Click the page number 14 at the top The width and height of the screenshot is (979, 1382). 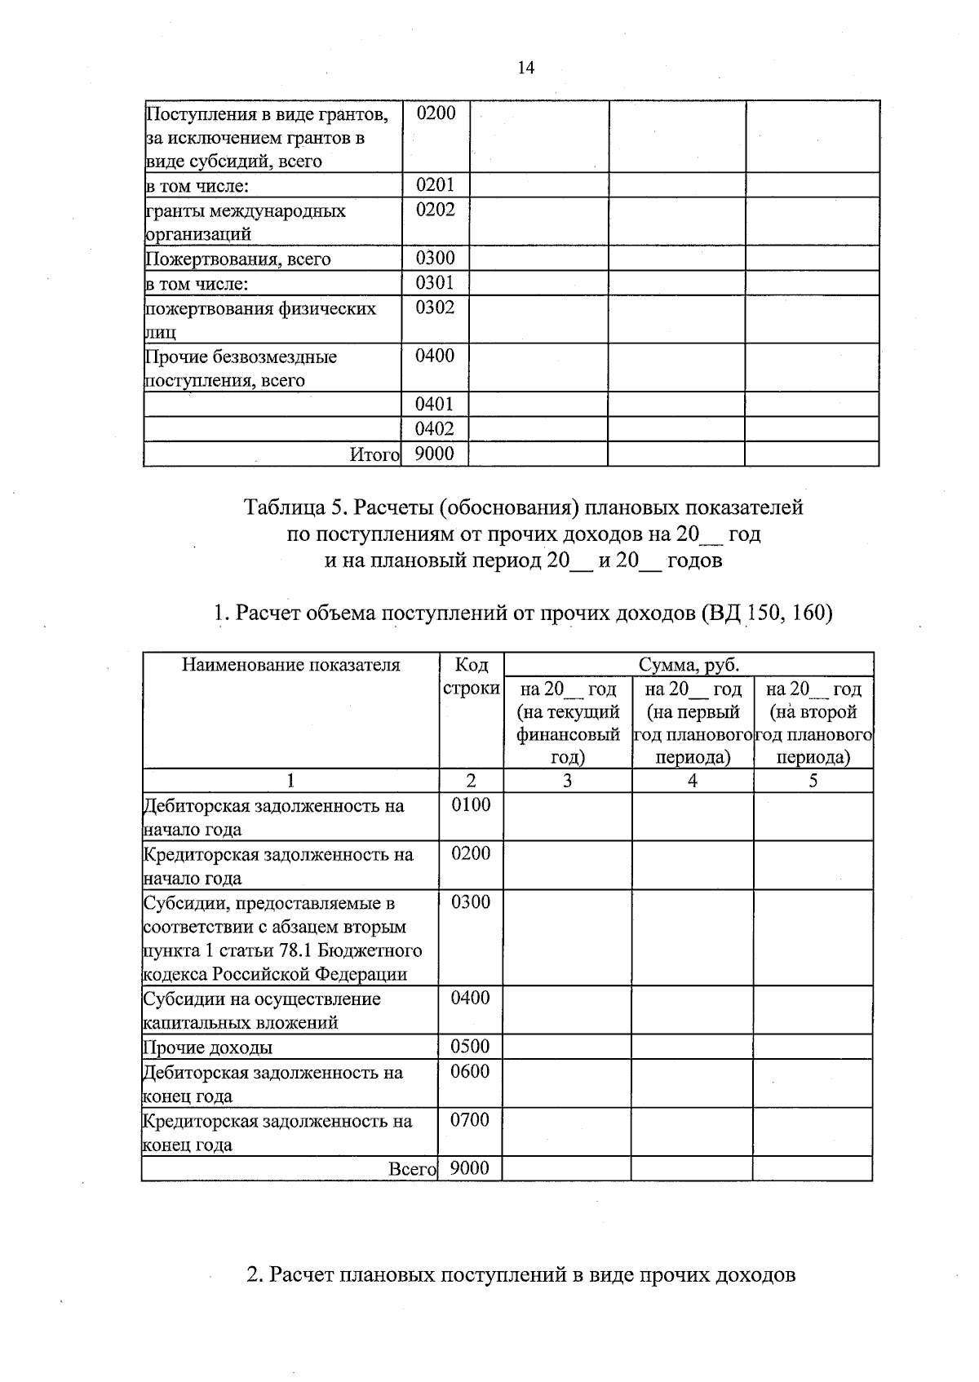click(525, 68)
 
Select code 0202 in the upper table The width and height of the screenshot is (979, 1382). click(435, 210)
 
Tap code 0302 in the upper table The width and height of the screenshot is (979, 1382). click(435, 308)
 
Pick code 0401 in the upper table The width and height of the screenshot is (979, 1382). click(435, 405)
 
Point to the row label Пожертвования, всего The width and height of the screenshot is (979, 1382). click(238, 259)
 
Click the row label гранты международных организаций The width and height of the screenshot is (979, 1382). click(246, 222)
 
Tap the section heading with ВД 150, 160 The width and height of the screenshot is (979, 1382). click(523, 613)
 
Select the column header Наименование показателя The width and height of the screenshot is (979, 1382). click(291, 665)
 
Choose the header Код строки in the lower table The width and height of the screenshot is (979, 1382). click(472, 677)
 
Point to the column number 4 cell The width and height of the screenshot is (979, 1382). click(692, 782)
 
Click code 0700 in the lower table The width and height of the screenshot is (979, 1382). click(470, 1120)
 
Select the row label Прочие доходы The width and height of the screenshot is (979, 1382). click(208, 1048)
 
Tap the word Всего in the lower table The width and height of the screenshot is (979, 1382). click(413, 1169)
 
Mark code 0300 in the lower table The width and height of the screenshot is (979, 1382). click(470, 902)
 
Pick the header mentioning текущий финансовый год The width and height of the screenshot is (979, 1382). click(568, 723)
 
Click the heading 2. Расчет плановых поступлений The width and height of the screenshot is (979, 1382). click(521, 1274)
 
